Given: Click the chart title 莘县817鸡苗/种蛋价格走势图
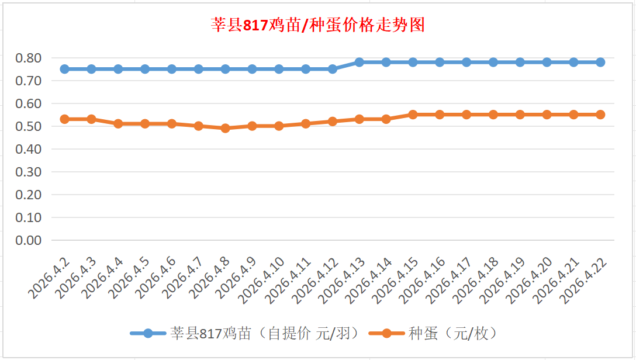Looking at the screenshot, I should pos(317,25).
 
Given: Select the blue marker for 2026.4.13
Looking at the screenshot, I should pos(360,62).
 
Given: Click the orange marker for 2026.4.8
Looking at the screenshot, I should pos(226,128).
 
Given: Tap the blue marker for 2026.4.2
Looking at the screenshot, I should pos(65,69).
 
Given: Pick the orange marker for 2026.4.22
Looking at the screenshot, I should pos(600,115).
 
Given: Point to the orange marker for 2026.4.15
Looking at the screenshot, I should pos(413,115).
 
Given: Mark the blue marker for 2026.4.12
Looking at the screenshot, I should pos(333,69).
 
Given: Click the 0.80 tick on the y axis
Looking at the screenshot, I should pos(29,58).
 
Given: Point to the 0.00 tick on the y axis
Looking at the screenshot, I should pos(29,240).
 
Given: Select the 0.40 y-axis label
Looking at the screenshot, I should pos(29,149).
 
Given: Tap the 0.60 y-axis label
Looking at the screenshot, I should pos(29,103).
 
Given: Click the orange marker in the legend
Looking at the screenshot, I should pos(386,334).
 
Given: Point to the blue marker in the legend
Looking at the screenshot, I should pos(148,334).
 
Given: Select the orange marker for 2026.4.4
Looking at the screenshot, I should pos(118,123).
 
